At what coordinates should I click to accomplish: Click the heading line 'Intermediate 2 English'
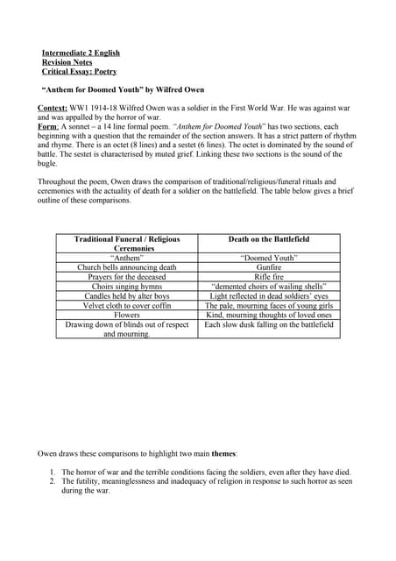pyautogui.click(x=81, y=53)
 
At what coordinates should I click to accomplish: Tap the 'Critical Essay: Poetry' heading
pyautogui.click(x=79, y=72)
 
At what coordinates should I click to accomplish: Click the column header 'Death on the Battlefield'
pyautogui.click(x=268, y=238)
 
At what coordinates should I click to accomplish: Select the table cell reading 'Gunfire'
pyautogui.click(x=268, y=267)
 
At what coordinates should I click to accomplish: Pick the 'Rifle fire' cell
pyautogui.click(x=268, y=277)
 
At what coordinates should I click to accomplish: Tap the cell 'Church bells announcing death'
pyautogui.click(x=127, y=267)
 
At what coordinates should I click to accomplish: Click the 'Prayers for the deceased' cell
pyautogui.click(x=127, y=277)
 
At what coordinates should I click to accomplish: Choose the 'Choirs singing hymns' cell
pyautogui.click(x=127, y=287)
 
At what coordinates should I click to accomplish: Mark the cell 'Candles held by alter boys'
pyautogui.click(x=127, y=296)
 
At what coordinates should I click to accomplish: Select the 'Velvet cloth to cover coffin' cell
pyautogui.click(x=127, y=306)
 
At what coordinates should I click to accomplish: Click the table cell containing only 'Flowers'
pyautogui.click(x=127, y=316)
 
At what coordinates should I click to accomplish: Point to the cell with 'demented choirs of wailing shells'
pyautogui.click(x=268, y=287)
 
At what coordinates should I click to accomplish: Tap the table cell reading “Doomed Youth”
pyautogui.click(x=268, y=258)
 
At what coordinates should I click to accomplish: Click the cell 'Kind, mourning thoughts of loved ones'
pyautogui.click(x=268, y=316)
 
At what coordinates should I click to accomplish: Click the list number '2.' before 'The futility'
pyautogui.click(x=53, y=481)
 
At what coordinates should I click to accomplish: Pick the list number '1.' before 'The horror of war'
pyautogui.click(x=53, y=472)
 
